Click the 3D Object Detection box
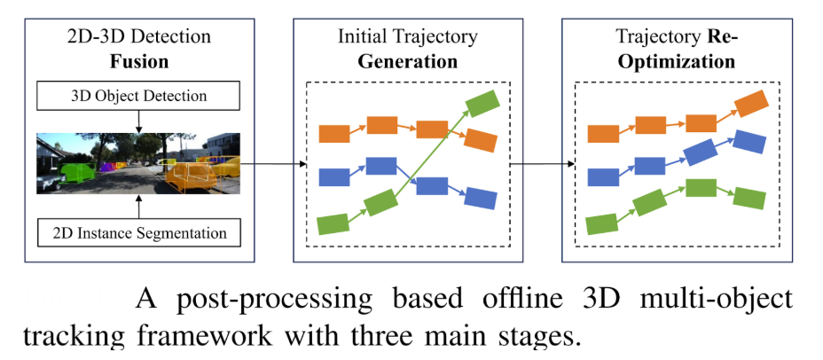pyautogui.click(x=138, y=96)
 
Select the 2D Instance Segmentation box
pyautogui.click(x=138, y=232)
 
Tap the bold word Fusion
pyautogui.click(x=139, y=61)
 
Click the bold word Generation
pyautogui.click(x=407, y=61)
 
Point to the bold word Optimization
pyautogui.click(x=677, y=61)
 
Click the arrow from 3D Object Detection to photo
pyautogui.click(x=138, y=121)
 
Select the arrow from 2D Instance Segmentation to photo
pyautogui.click(x=138, y=207)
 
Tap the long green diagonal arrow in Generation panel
pyautogui.click(x=428, y=153)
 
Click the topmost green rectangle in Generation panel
pyautogui.click(x=482, y=104)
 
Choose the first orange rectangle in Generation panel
pyautogui.click(x=334, y=134)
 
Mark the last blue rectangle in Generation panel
pyautogui.click(x=481, y=199)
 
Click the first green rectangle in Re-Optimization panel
pyautogui.click(x=601, y=223)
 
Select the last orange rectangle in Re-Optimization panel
pyautogui.click(x=752, y=104)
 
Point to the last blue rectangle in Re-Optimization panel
pyautogui.click(x=749, y=142)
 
